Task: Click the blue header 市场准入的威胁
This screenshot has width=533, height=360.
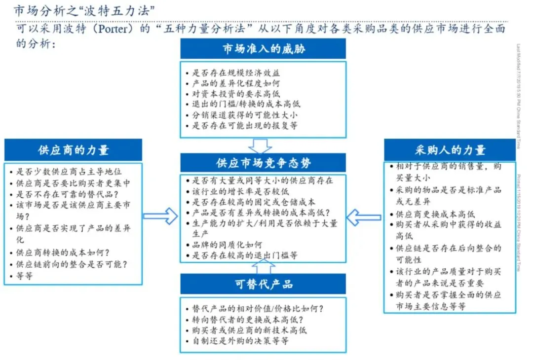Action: [263, 49]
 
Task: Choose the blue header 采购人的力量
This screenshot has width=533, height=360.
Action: [450, 150]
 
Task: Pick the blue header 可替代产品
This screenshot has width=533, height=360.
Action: [263, 284]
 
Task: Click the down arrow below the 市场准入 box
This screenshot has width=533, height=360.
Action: [260, 145]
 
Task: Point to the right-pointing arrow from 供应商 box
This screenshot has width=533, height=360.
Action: [160, 216]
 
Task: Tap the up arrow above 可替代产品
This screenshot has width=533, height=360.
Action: [264, 266]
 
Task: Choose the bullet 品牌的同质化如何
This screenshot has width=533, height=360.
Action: [227, 245]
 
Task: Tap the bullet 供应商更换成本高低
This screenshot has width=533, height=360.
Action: [435, 214]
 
